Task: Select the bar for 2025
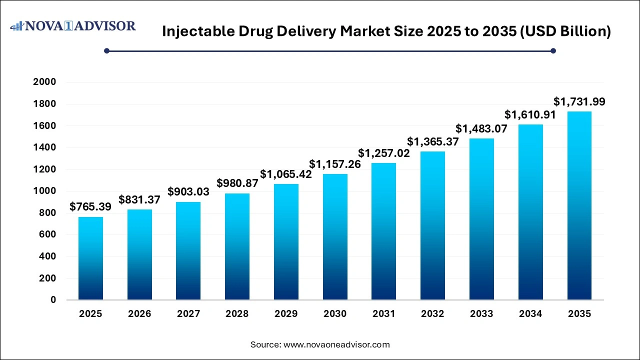click(90, 258)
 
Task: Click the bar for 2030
click(335, 237)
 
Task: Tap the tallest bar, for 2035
click(579, 205)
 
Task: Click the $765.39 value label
click(90, 206)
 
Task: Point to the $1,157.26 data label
click(335, 163)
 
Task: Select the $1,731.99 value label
click(579, 101)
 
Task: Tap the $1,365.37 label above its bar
click(433, 141)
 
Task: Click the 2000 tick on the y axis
click(44, 82)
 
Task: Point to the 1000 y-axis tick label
click(44, 191)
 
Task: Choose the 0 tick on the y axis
click(52, 300)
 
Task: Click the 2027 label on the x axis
click(188, 314)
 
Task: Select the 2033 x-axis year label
click(481, 314)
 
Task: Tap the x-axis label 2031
click(384, 314)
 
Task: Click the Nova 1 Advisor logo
click(73, 25)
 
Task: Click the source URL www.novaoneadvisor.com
click(336, 344)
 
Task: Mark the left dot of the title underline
click(106, 50)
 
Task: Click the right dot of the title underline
click(553, 50)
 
